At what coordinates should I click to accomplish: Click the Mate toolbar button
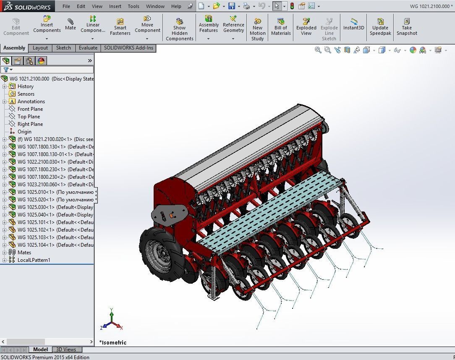[71, 24]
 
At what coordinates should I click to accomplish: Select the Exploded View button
[306, 26]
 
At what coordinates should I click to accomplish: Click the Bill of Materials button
[281, 26]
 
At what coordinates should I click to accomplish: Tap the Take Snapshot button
[407, 26]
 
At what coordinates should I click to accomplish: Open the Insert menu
[115, 6]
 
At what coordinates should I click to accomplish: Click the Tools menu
[133, 6]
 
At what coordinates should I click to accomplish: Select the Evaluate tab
[88, 48]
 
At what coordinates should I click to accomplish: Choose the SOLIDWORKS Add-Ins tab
[128, 48]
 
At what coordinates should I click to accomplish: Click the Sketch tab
[63, 48]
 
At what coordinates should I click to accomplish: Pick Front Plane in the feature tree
[30, 109]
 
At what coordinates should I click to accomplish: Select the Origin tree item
[24, 132]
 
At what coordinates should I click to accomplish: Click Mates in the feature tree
[24, 253]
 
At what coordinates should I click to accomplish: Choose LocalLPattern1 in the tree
[34, 260]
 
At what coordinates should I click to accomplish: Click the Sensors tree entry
[26, 94]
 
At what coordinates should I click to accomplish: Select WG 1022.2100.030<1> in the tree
[42, 162]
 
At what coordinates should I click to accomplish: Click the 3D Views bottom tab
[66, 350]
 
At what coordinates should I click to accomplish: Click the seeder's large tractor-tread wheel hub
[162, 253]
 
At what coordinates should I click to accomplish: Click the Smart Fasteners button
[120, 27]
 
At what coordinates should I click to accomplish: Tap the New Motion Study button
[258, 29]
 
